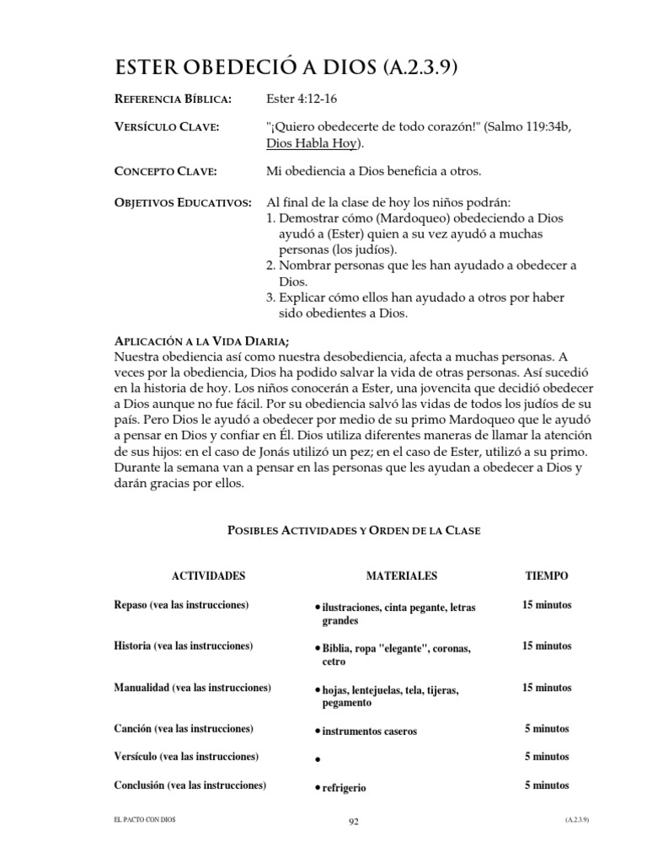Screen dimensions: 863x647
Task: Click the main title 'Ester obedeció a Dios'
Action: coord(286,68)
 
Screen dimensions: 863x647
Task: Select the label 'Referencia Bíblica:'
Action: coord(173,99)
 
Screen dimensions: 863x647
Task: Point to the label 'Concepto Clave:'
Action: coord(165,172)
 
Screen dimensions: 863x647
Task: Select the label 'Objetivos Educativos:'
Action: coord(182,203)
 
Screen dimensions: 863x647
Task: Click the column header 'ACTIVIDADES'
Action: coord(208,576)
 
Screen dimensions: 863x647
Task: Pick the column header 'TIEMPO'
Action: coord(547,576)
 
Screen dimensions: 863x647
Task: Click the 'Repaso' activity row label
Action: coord(181,605)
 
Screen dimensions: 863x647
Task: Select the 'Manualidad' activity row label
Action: coord(192,688)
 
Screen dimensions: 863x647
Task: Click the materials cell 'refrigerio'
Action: coord(343,788)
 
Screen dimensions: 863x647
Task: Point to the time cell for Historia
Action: coord(547,646)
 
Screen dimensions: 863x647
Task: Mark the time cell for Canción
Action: coord(547,729)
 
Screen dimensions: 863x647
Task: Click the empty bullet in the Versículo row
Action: coord(315,760)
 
